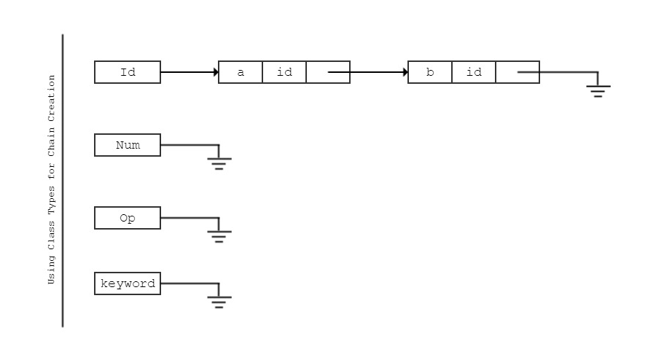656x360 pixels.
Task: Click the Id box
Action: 128,72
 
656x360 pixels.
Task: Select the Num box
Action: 128,145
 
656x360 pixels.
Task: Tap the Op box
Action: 128,218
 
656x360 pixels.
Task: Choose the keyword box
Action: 128,283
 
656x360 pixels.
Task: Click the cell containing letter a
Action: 241,72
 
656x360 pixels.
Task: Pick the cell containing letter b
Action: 430,72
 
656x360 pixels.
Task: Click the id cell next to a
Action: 284,72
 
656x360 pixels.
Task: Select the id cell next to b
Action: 474,72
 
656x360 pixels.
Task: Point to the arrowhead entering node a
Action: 216,72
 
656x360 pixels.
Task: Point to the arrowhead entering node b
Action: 405,72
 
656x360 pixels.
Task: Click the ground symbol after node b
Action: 598,90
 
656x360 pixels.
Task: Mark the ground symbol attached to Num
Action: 219,163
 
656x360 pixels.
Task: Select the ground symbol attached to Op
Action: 219,236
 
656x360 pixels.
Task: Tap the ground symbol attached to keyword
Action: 219,302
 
